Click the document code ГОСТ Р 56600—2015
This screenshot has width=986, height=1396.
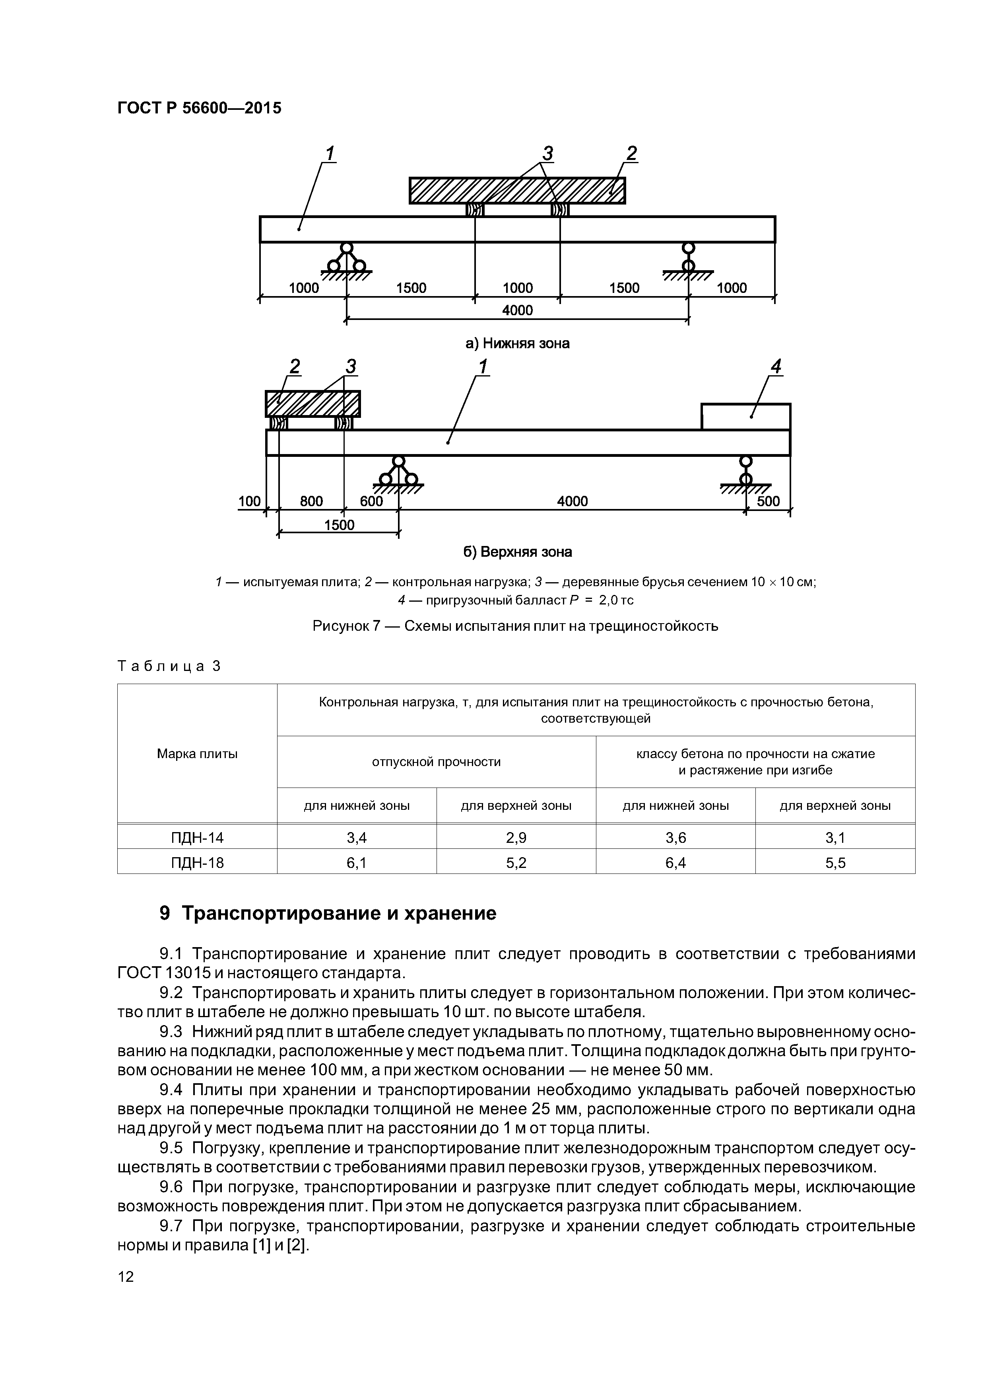tap(199, 108)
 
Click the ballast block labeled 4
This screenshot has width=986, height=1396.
tap(745, 417)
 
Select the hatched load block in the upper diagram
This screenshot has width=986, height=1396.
tap(517, 190)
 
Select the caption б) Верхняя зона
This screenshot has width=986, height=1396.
tap(517, 552)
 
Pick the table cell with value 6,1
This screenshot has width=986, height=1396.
tap(357, 863)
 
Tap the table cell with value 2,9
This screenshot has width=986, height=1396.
tap(516, 838)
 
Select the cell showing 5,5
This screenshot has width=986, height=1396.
tap(835, 863)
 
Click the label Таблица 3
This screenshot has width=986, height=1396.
tap(169, 667)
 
